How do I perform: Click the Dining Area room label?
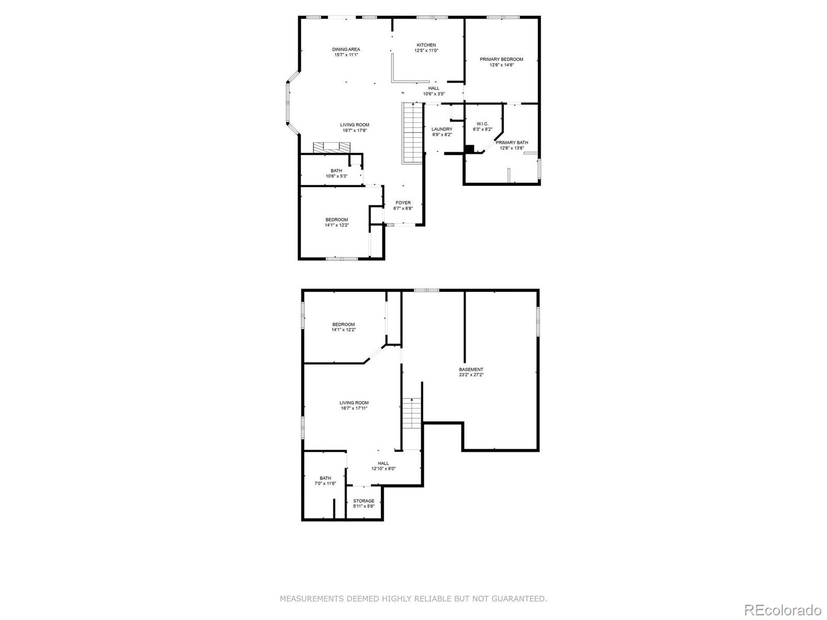tap(346, 52)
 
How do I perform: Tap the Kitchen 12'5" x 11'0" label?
tap(426, 48)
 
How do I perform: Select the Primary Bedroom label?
tap(501, 62)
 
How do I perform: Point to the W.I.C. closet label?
tap(482, 126)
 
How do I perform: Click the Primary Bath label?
tap(512, 145)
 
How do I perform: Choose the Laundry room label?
tap(442, 132)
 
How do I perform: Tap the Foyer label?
tap(403, 206)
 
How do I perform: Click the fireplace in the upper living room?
tap(331, 147)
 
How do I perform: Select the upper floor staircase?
tap(413, 133)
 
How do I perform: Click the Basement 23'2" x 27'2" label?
tap(471, 372)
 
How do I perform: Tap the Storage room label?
tap(363, 503)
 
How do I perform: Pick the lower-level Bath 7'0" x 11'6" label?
tap(325, 481)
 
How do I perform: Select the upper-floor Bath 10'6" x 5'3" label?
tap(336, 173)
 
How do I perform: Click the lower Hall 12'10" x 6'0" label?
tap(383, 466)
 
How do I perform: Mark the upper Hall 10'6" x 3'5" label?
tap(434, 91)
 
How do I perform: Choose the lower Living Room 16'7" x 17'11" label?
tap(354, 405)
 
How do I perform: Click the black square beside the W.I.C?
tap(469, 149)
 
